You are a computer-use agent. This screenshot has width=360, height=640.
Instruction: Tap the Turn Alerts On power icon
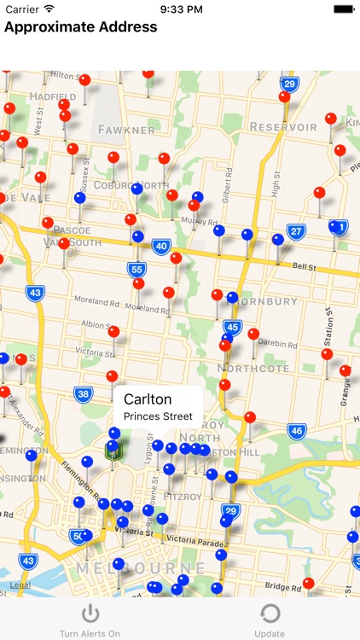(x=90, y=614)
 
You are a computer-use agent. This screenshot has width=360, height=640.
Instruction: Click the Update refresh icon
(x=270, y=614)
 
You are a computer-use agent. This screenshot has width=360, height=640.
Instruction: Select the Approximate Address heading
(x=81, y=26)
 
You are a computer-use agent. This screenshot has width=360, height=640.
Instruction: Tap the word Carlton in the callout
(x=148, y=399)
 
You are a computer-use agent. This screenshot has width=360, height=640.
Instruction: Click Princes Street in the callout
(x=158, y=417)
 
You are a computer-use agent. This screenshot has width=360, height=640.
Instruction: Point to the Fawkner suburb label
(x=126, y=130)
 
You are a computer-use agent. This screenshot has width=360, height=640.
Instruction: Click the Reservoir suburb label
(x=283, y=127)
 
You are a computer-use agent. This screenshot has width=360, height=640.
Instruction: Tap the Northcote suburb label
(x=253, y=369)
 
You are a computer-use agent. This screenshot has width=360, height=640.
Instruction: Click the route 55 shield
(x=137, y=270)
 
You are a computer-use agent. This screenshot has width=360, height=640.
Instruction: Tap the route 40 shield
(x=161, y=246)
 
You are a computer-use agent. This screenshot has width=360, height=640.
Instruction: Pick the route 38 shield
(x=83, y=393)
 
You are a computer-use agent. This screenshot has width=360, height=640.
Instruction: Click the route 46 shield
(x=296, y=431)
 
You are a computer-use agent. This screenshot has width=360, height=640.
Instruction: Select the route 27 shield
(x=296, y=231)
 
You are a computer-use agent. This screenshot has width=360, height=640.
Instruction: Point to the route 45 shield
(x=232, y=327)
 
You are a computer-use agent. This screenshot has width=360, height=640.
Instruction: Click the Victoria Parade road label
(x=202, y=539)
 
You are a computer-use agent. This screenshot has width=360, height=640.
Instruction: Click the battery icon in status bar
(x=344, y=9)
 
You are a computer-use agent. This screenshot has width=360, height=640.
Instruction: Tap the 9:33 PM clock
(x=180, y=9)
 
